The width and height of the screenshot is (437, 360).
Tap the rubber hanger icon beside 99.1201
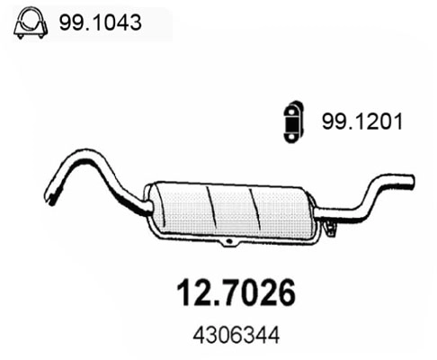click(290, 119)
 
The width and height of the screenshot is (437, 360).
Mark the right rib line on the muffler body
click(257, 210)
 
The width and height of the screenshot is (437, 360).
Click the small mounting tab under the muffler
click(230, 244)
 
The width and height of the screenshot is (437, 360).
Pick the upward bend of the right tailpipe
click(369, 192)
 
